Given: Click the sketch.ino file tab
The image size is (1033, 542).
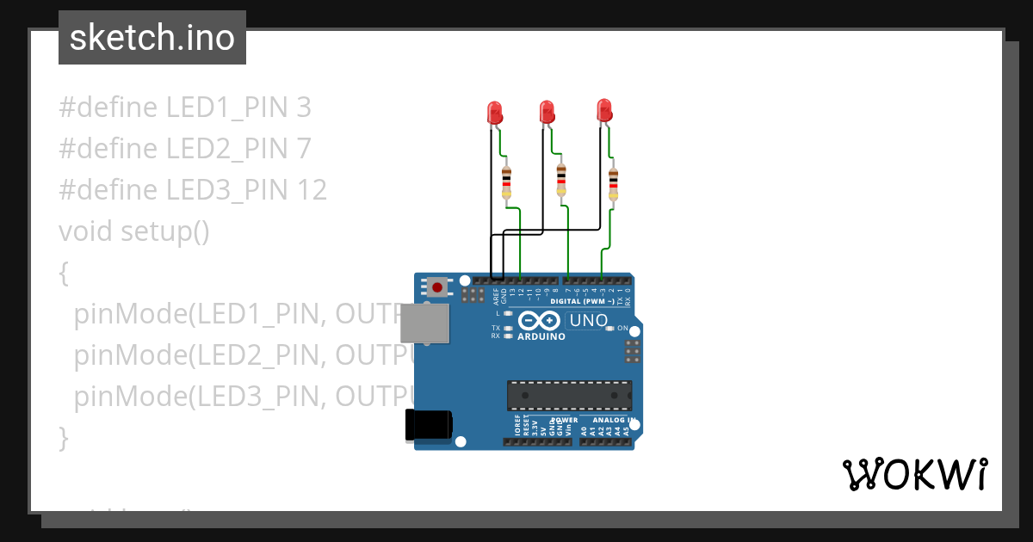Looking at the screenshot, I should coord(152,38).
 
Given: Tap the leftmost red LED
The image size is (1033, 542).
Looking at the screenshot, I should coord(494,112).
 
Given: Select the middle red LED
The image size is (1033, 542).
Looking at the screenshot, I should coord(546,112).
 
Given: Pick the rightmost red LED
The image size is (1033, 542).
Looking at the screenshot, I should coord(604,110).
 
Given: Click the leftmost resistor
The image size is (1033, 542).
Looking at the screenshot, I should coord(506,182).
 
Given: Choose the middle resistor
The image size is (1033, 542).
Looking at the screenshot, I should coord(561,180).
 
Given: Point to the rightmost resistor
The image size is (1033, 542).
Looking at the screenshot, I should coord(613,184).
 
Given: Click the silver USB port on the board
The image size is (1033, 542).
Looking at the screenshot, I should coord(425,323).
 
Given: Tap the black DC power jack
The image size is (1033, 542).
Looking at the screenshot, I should coord(429,425).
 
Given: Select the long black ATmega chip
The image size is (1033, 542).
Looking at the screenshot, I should coord(569,395).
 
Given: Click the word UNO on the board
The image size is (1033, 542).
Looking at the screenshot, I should coord(589,321).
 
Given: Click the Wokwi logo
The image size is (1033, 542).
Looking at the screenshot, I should coord(914,474).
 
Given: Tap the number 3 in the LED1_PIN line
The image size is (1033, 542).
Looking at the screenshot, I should coord(303,108).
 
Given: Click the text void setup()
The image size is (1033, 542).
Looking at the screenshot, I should coord(134,231).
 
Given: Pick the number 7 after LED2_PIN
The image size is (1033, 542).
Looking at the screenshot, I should coord(303,149).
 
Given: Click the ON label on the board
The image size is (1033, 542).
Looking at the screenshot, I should coord(623,329).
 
